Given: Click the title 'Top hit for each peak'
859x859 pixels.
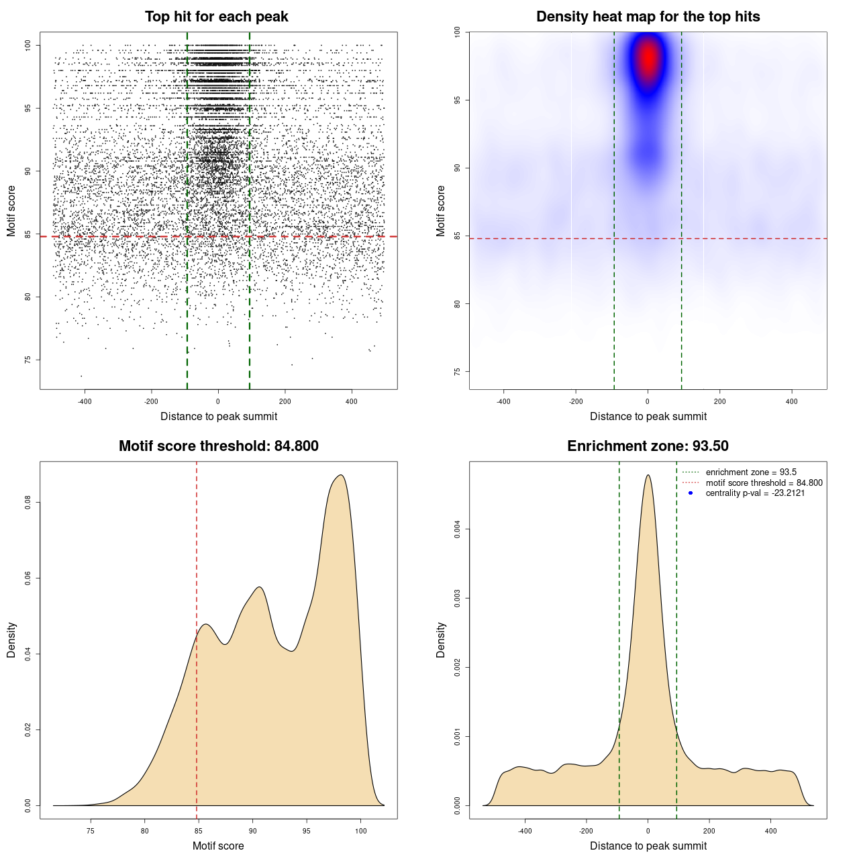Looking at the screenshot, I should coord(216,17).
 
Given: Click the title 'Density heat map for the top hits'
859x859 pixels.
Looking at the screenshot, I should coord(648,17).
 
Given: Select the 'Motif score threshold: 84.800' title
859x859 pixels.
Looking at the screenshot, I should coord(218,446).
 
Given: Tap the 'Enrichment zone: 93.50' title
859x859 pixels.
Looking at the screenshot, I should coord(648,446).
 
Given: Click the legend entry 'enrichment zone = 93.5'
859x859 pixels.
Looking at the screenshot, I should coord(751,472).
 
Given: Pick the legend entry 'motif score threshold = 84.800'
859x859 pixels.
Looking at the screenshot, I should coord(764,483).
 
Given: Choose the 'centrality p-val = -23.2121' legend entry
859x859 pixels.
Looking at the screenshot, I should coord(755,493).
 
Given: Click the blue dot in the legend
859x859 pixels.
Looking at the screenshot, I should coord(691,493).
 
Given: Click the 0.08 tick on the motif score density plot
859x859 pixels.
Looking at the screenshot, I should coord(28,503).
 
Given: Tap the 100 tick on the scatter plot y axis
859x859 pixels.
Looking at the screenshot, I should coord(28,45).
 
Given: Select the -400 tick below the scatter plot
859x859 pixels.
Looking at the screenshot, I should coord(85,402).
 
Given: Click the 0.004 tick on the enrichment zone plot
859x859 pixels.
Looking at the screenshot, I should coord(458,529).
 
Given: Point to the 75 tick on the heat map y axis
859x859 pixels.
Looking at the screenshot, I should coord(458,372).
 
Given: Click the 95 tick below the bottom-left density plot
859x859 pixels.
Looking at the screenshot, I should coord(307,831).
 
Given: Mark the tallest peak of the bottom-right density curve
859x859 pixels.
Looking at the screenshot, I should coord(648,475).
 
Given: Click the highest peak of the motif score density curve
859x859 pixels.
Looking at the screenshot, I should coord(341,475).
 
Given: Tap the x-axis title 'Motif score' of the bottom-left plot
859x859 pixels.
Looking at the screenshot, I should coord(218,846).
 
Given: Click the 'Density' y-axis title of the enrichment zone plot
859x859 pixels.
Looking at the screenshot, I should coord(441,640).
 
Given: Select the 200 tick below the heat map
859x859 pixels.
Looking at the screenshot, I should coord(719,402).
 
